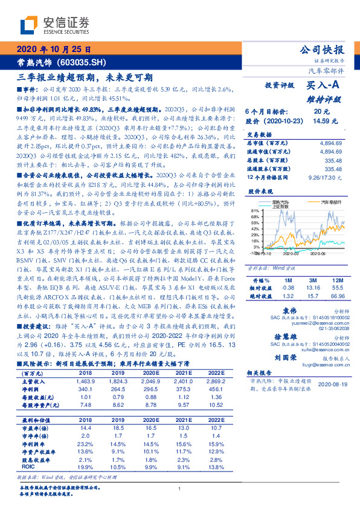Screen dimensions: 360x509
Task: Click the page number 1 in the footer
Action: point(180,489)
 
